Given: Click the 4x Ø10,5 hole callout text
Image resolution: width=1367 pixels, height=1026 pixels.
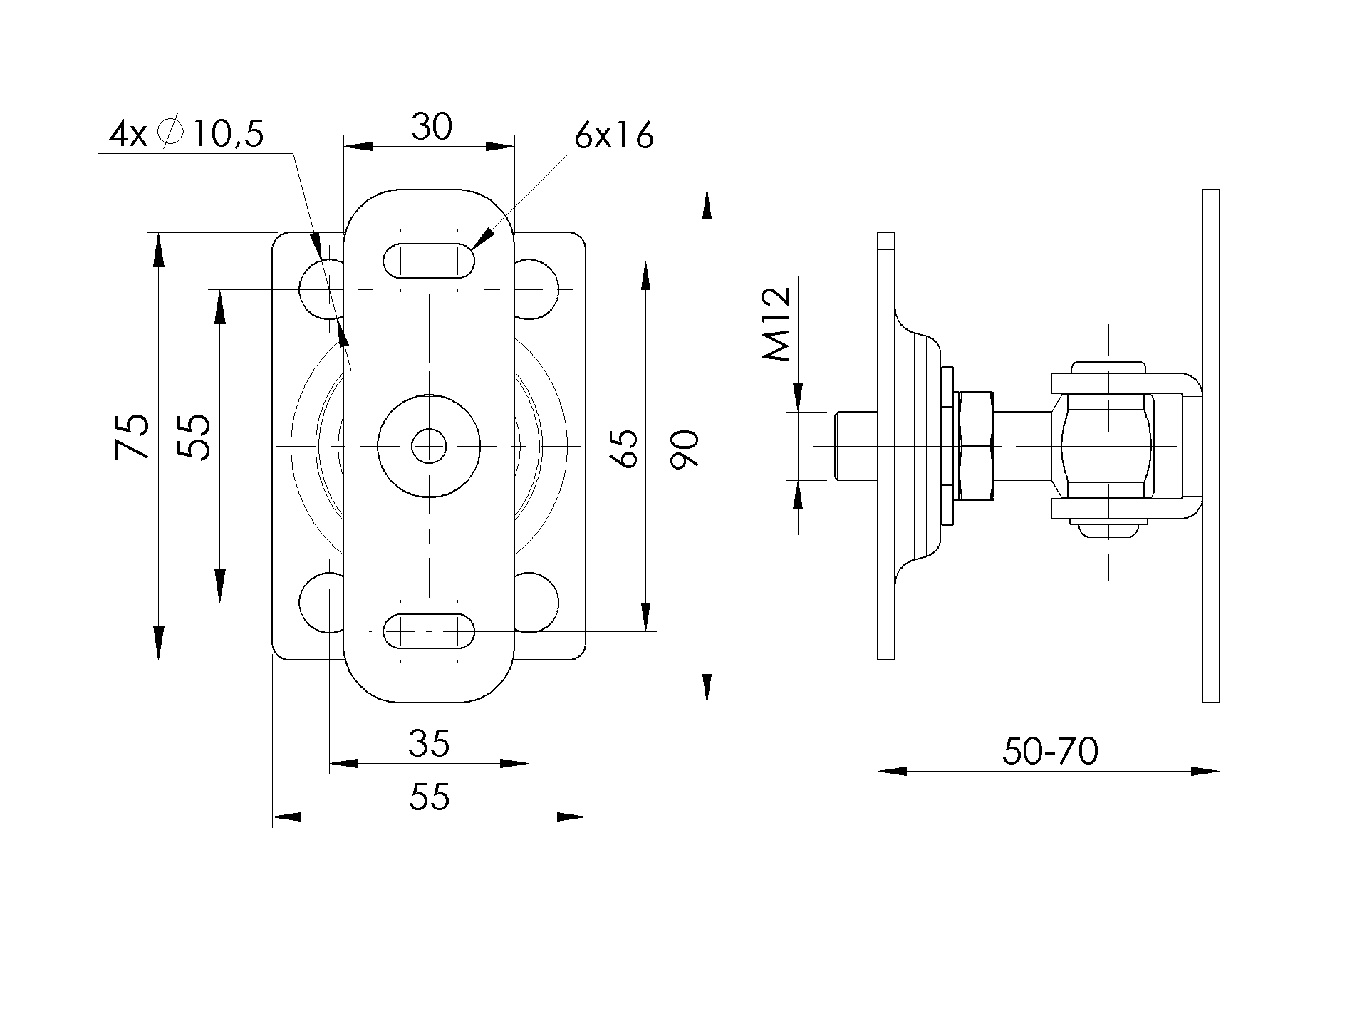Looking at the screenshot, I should click(187, 134).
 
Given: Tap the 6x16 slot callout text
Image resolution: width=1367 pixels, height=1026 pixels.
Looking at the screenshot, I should click(614, 135).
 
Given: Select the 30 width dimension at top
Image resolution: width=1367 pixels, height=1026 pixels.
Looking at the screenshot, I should click(432, 128).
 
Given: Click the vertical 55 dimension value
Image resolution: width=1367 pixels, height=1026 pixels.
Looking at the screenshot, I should click(193, 437).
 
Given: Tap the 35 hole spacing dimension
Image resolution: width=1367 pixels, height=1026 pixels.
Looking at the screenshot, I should click(430, 743).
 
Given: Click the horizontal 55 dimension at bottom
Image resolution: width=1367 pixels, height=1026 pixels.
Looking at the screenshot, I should click(430, 796).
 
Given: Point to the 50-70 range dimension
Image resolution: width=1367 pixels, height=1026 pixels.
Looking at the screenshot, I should click(1050, 751).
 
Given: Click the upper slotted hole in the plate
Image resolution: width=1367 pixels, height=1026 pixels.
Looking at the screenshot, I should click(429, 261).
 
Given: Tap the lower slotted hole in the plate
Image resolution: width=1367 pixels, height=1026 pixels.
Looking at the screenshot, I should click(429, 631).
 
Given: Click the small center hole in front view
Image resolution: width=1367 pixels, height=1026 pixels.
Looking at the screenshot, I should click(429, 446).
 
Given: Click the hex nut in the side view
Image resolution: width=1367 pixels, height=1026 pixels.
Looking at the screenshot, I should click(974, 446).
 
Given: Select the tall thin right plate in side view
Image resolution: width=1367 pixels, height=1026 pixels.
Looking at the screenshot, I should click(1210, 446).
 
